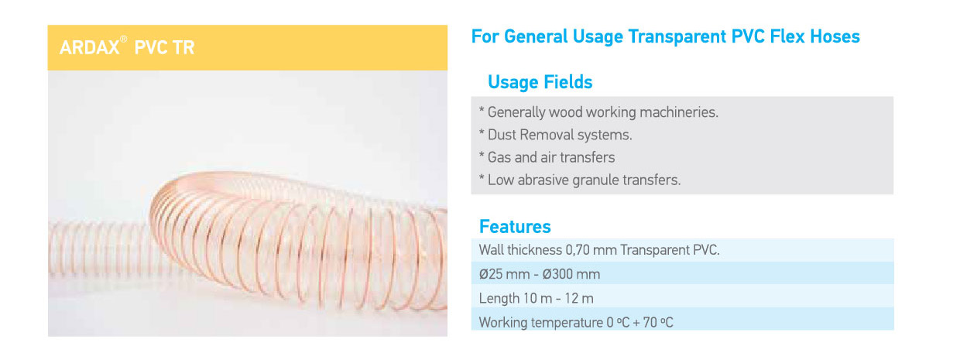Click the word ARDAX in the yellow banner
point(89,47)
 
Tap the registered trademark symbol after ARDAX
point(123,39)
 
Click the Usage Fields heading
point(540,82)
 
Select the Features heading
point(515,227)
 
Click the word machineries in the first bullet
point(678,112)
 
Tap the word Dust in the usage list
point(502,135)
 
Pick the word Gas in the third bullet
point(499,157)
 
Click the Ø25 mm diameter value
point(504,274)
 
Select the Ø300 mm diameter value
point(570,274)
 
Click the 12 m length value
point(579,298)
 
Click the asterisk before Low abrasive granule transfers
point(482,177)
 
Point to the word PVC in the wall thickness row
point(706,250)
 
